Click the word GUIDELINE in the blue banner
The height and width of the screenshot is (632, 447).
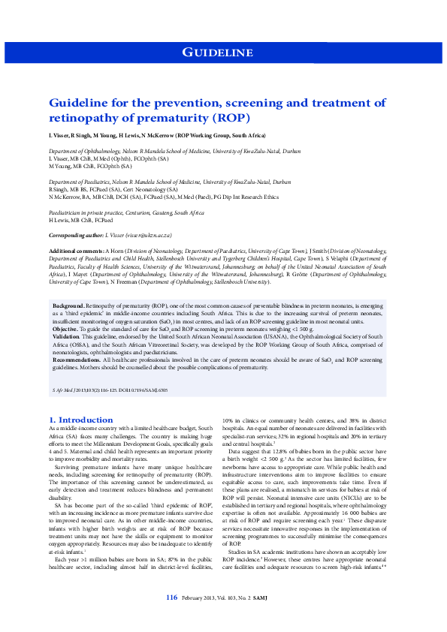click(218, 52)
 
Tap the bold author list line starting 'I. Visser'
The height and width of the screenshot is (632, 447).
click(157, 135)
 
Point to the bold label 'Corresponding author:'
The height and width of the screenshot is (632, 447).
click(75, 235)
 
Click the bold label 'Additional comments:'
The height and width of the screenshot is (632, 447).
click(77, 250)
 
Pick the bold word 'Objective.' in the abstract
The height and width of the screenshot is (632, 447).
click(66, 329)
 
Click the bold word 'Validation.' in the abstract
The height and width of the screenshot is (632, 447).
click(66, 338)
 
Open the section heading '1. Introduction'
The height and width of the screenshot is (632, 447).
click(80, 420)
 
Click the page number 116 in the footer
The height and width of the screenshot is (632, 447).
click(171, 618)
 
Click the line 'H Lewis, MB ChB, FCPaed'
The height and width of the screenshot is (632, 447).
click(81, 221)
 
